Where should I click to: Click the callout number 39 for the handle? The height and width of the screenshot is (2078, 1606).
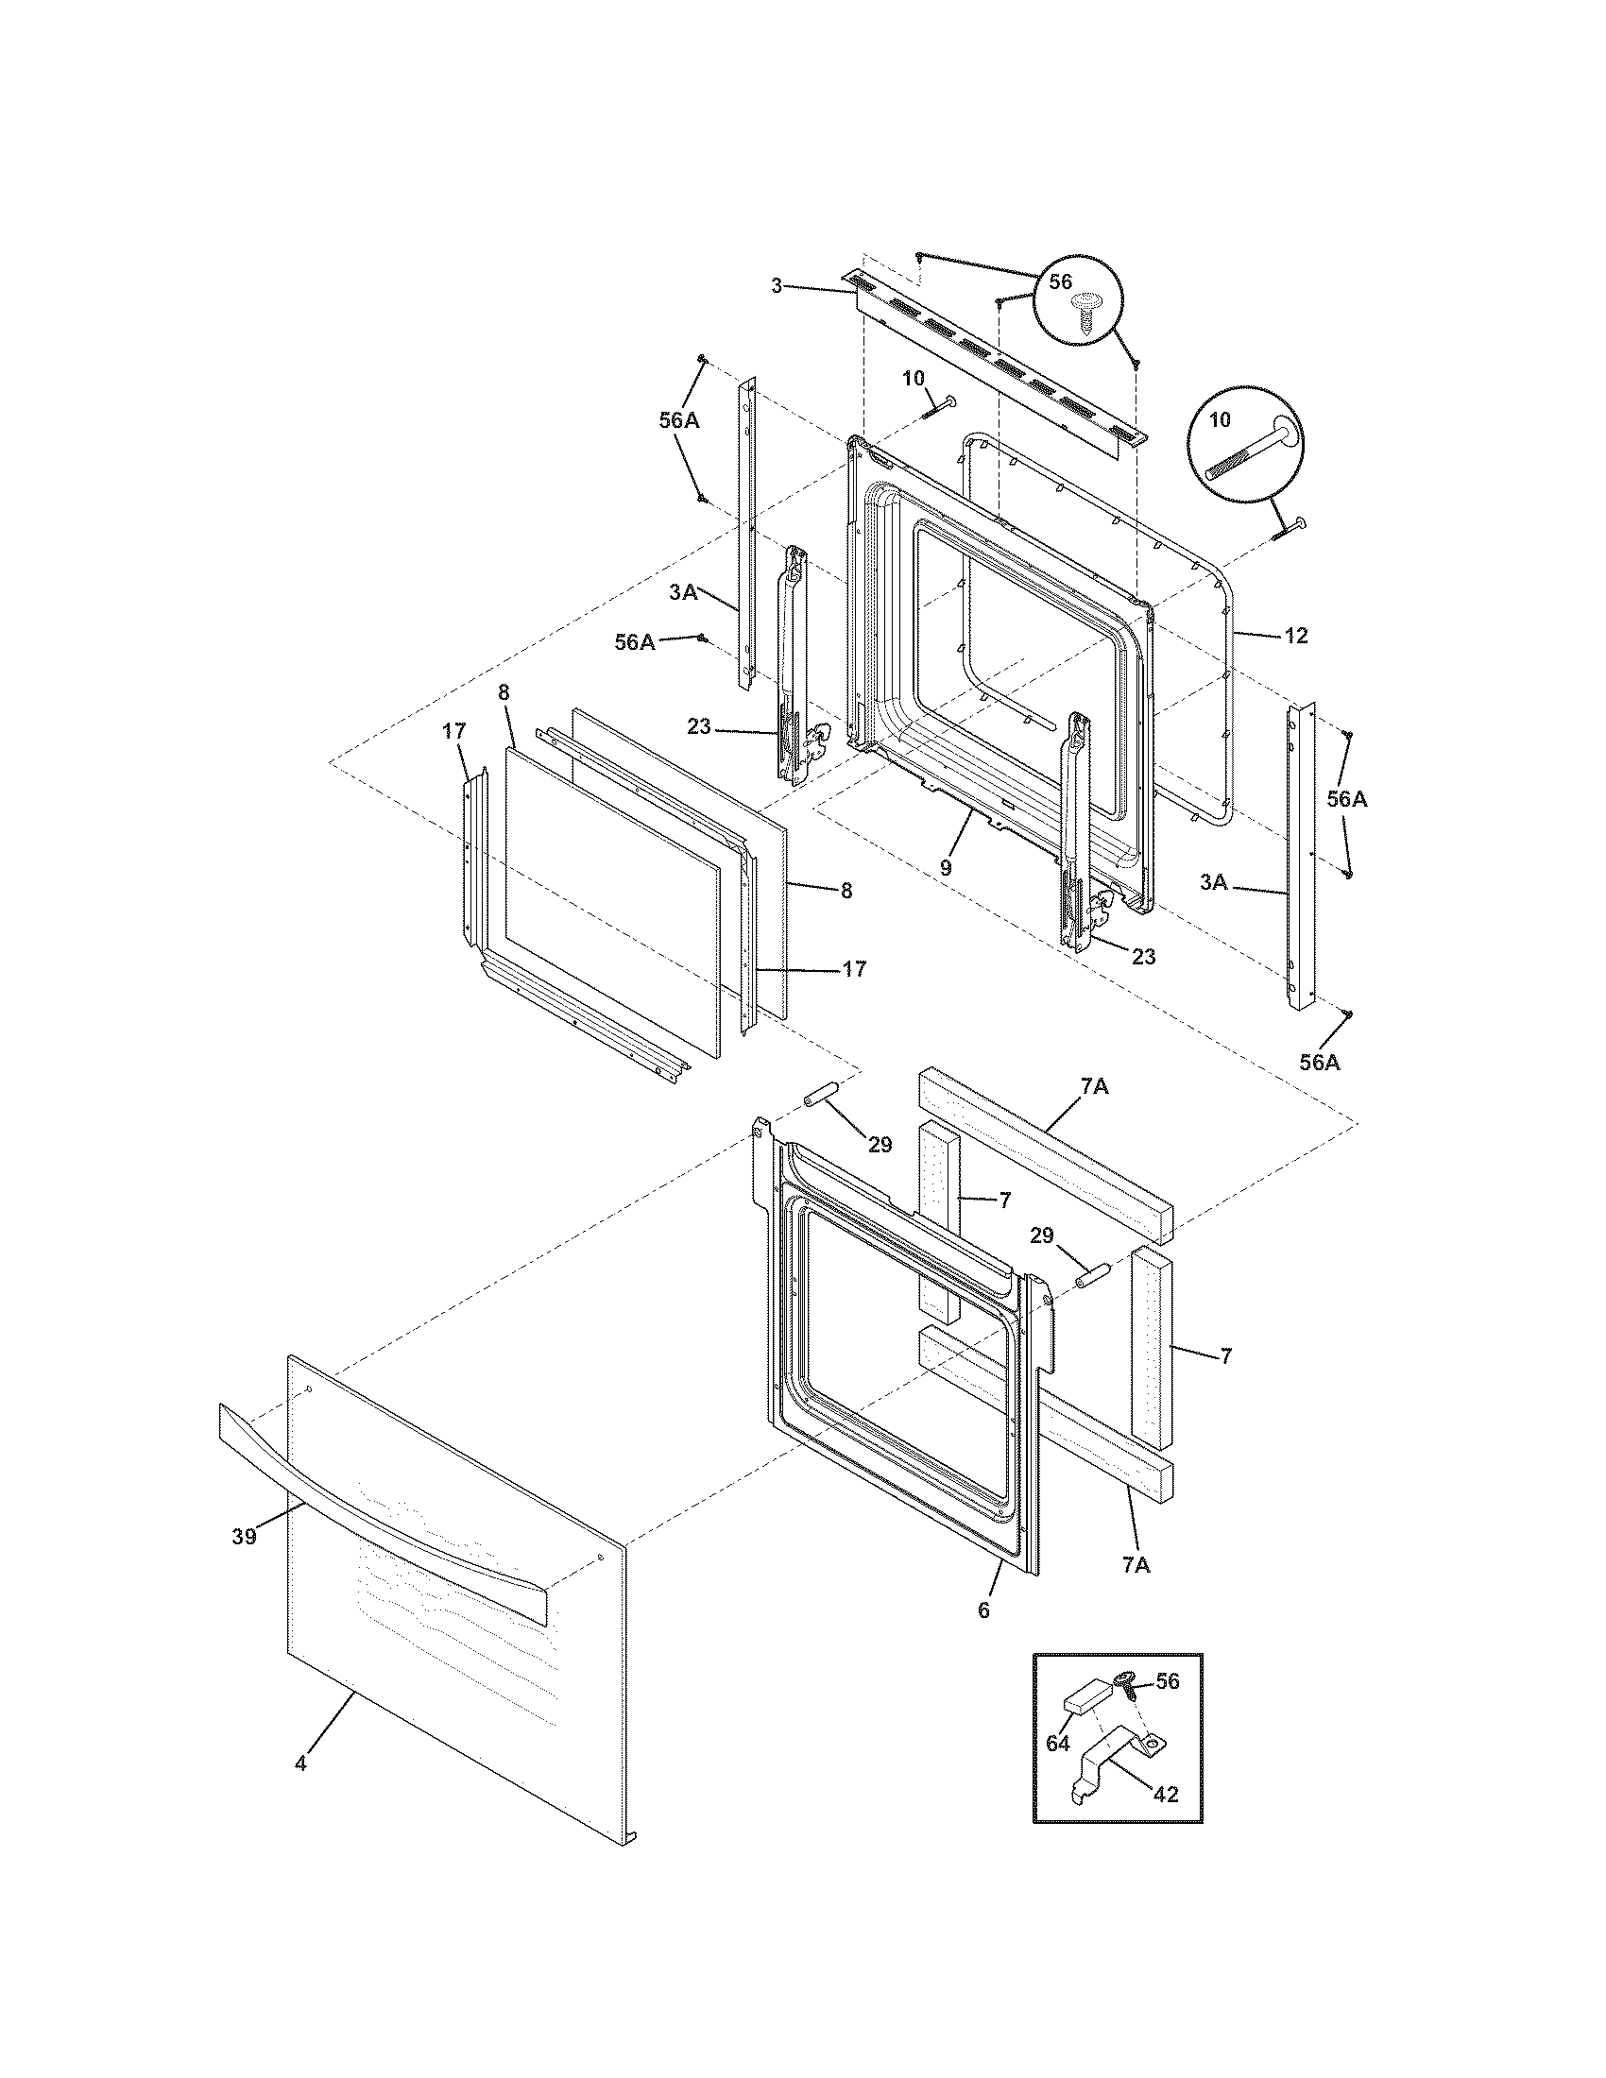[x=244, y=1563]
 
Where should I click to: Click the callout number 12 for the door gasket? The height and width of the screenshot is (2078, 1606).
[x=1296, y=636]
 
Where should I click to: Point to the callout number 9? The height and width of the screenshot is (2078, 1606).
[x=945, y=868]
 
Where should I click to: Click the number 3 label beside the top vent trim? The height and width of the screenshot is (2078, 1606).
[x=777, y=285]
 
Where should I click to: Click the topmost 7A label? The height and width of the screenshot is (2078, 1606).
[x=1095, y=1085]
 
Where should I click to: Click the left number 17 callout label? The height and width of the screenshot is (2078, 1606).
[x=453, y=731]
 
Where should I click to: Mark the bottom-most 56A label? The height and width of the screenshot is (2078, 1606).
[x=1320, y=1063]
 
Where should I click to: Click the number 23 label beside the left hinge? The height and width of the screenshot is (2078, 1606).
[x=699, y=726]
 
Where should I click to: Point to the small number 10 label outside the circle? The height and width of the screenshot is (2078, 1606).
[x=913, y=378]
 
